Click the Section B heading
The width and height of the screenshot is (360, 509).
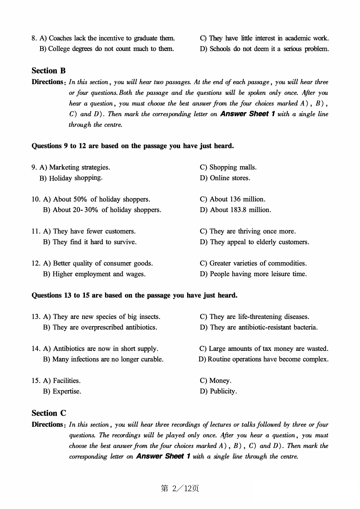click(49, 71)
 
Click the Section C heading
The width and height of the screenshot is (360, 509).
click(49, 413)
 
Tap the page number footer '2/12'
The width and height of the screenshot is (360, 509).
click(180, 489)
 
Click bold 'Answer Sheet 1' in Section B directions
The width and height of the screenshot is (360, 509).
click(247, 114)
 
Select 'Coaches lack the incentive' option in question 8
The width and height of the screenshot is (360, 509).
click(107, 38)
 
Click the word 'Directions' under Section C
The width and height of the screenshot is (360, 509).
click(47, 424)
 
